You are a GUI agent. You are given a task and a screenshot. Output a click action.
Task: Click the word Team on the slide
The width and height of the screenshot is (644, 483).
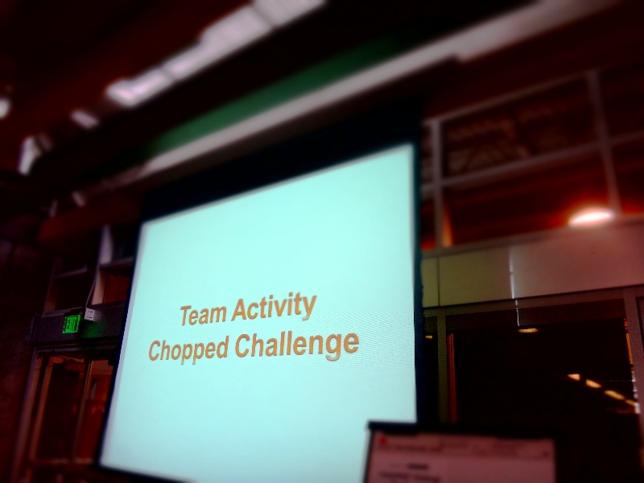(x=203, y=314)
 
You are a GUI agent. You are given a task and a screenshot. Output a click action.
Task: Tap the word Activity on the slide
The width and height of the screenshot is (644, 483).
(x=273, y=308)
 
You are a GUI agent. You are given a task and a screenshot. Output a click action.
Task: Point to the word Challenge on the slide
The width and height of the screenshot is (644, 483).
(x=296, y=345)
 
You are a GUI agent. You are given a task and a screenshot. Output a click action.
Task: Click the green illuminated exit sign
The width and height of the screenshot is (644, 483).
(x=72, y=324)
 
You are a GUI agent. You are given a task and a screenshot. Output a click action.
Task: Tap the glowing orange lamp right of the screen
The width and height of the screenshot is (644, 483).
(x=592, y=216)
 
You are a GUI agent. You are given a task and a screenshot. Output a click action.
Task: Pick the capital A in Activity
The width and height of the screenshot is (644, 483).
(x=239, y=311)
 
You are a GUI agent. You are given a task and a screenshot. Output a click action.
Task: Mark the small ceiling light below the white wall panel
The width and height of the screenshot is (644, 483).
(x=528, y=330)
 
